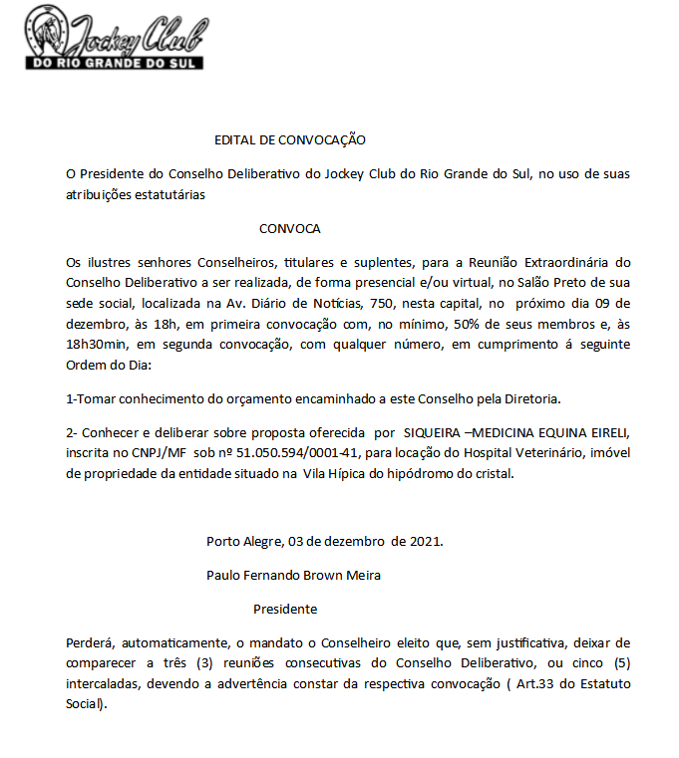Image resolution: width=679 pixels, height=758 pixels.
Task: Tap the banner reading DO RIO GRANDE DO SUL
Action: (114, 62)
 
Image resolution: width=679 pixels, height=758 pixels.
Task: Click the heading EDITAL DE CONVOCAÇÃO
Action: (290, 140)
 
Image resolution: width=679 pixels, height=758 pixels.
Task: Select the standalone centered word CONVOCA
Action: (290, 228)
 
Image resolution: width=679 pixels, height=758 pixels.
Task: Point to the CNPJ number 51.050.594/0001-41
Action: (296, 453)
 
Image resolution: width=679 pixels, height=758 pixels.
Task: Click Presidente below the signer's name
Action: (285, 608)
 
